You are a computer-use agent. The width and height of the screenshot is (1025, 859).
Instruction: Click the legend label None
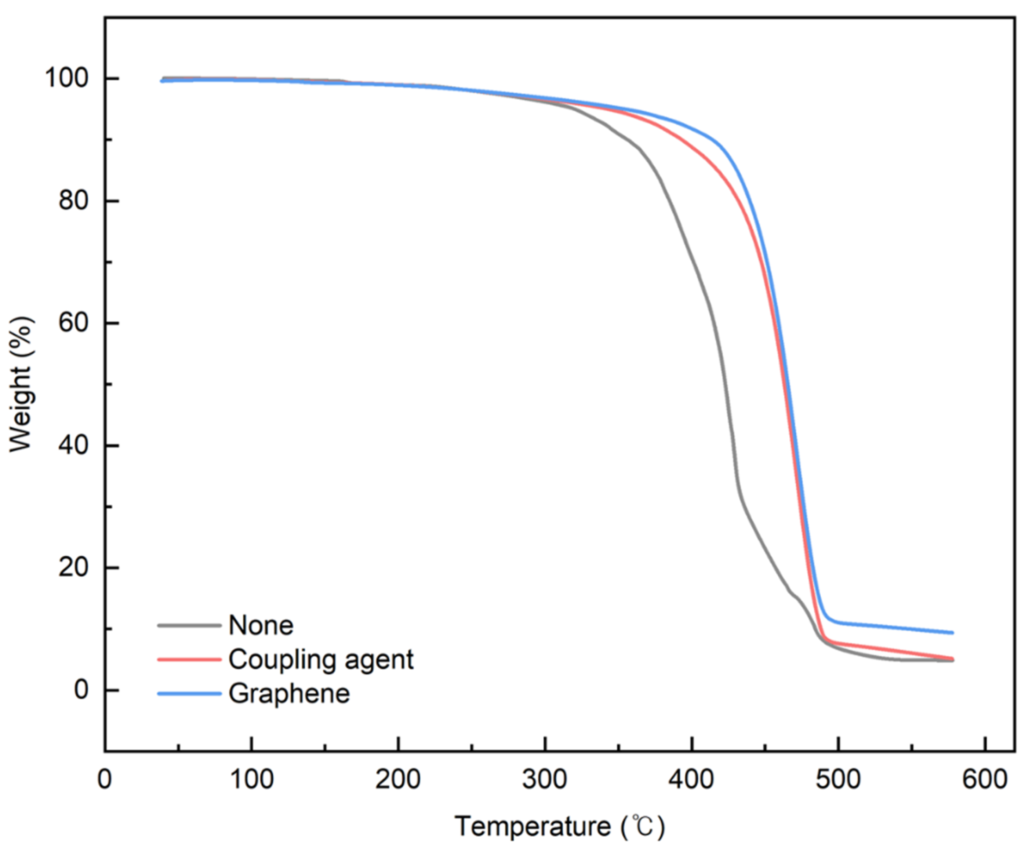[261, 625]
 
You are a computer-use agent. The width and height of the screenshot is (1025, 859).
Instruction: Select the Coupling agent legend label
[321, 659]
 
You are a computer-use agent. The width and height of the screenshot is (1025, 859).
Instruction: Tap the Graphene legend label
[289, 694]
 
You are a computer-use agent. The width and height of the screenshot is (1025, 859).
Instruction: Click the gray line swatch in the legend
[189, 625]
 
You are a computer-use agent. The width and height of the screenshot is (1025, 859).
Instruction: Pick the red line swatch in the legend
[189, 659]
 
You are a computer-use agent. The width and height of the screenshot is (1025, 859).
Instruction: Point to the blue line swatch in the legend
[189, 694]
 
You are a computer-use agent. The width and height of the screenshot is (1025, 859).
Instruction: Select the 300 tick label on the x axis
[545, 779]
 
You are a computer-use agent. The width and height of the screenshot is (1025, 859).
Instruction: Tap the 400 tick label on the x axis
[692, 779]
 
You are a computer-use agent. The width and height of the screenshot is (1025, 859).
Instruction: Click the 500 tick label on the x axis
[838, 779]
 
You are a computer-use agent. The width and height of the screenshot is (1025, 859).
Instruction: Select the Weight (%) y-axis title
[22, 384]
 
